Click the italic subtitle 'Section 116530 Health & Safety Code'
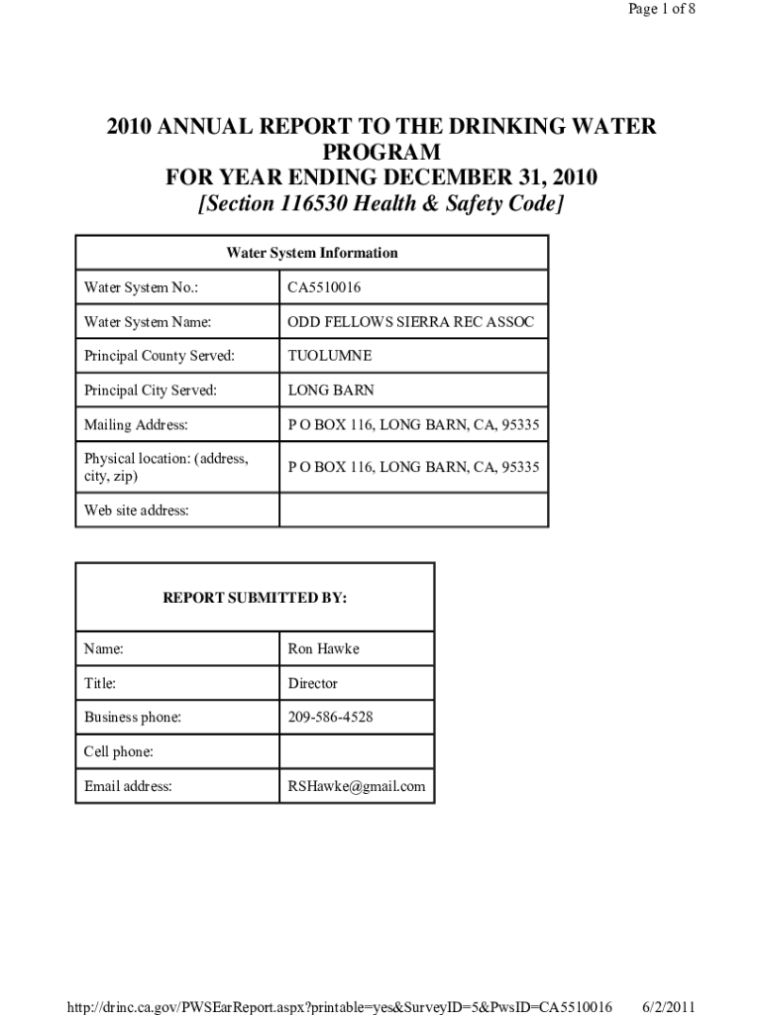[x=381, y=204]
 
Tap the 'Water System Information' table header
[x=312, y=253]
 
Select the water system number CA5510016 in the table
[x=324, y=288]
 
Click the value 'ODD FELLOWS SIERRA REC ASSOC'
[x=410, y=322]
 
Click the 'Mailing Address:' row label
[x=136, y=425]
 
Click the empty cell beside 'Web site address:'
[x=413, y=510]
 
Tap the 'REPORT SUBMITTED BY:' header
[x=255, y=599]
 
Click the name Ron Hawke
[x=323, y=649]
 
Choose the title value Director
[x=312, y=683]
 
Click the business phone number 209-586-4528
[x=330, y=717]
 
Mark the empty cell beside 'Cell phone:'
[x=357, y=751]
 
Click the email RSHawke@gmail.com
[x=356, y=786]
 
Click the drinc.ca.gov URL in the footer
[x=338, y=1006]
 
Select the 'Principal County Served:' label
[x=159, y=356]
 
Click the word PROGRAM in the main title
[x=381, y=153]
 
